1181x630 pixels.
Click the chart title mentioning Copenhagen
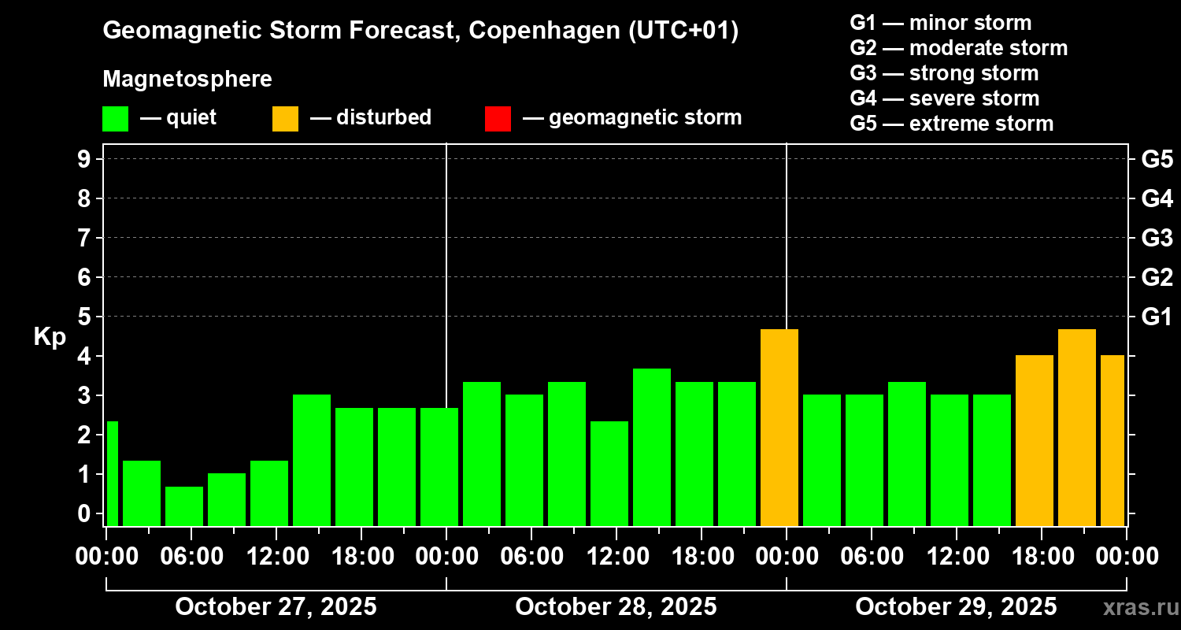pos(420,31)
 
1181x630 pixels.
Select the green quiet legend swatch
pos(115,118)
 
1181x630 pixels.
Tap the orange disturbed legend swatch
pos(285,118)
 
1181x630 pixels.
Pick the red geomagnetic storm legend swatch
pos(498,118)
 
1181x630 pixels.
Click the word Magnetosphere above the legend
pos(187,80)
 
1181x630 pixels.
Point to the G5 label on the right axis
pos(1157,160)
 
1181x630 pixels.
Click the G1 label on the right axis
pos(1157,317)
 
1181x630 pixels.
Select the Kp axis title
pos(50,337)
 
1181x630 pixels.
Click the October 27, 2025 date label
pos(276,607)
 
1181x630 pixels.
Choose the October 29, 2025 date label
pos(956,607)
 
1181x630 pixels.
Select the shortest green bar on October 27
pos(184,506)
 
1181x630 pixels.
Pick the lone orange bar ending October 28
pos(779,428)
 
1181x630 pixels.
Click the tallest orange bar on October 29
pos(1077,428)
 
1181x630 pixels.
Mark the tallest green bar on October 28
pos(652,447)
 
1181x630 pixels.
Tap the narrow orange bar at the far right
pos(1113,441)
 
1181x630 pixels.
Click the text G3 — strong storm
pos(944,73)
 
